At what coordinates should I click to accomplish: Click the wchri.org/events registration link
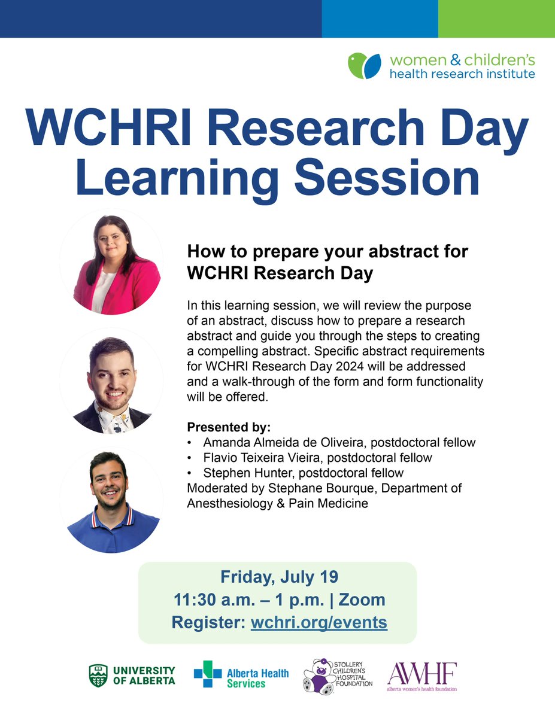(319, 622)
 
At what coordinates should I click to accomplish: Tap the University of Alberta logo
(132, 676)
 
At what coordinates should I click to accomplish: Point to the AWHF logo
(421, 676)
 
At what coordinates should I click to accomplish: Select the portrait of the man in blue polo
(111, 500)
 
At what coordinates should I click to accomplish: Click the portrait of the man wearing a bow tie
(111, 382)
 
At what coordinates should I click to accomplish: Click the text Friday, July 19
(279, 577)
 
